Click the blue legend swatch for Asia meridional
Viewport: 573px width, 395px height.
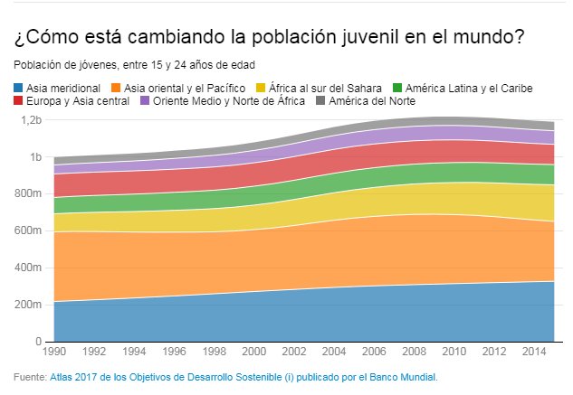click(x=19, y=89)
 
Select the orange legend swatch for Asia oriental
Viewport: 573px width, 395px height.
click(x=115, y=89)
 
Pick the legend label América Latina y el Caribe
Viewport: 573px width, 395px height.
click(x=468, y=89)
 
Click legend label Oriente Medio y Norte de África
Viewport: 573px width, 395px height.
click(x=230, y=101)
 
